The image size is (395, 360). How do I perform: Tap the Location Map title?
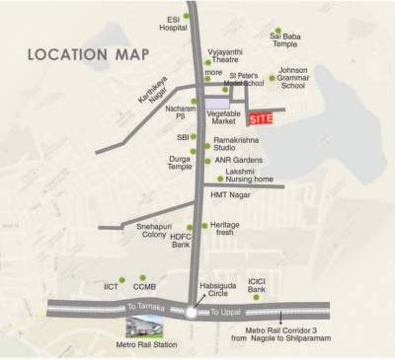click(88, 53)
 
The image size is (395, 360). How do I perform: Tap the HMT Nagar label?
click(227, 195)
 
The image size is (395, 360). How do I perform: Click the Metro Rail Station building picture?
click(147, 329)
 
